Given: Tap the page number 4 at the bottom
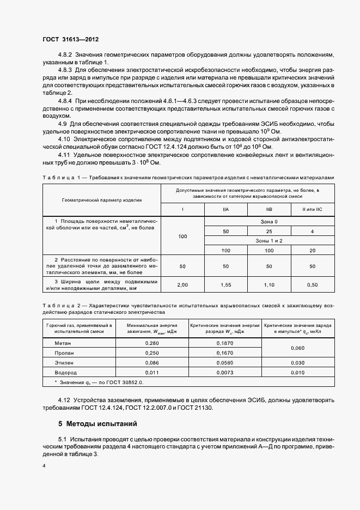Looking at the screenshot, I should point(44,466).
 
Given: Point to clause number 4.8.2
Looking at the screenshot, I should point(65,55).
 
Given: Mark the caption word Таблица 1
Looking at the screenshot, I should point(57,178).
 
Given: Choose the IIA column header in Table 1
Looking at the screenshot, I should point(225,209).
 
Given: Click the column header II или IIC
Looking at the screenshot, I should point(312,209).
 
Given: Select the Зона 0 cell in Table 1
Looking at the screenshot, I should point(269,222).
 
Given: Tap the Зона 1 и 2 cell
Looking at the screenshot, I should point(269,240).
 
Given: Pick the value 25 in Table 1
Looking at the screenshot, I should point(269,232).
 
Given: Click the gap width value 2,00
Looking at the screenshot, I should point(182,284).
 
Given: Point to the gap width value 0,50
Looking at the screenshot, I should point(312,284).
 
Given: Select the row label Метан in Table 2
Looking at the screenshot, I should point(63,343).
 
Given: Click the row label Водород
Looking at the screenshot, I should point(65,372).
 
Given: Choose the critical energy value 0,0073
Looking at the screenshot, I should point(224,372).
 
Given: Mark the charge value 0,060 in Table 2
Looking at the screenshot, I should point(298,348).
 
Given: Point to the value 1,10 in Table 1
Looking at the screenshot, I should point(269,284).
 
